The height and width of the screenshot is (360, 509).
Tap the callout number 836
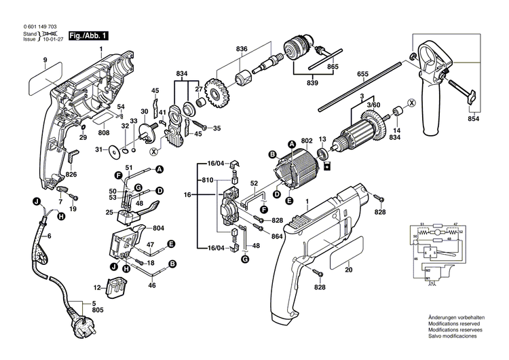point(242,49)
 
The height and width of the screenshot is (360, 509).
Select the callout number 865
point(332,68)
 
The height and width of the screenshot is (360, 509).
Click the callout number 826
point(71,175)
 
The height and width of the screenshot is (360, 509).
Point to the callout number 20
point(348,270)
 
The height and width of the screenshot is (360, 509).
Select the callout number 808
point(102,134)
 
